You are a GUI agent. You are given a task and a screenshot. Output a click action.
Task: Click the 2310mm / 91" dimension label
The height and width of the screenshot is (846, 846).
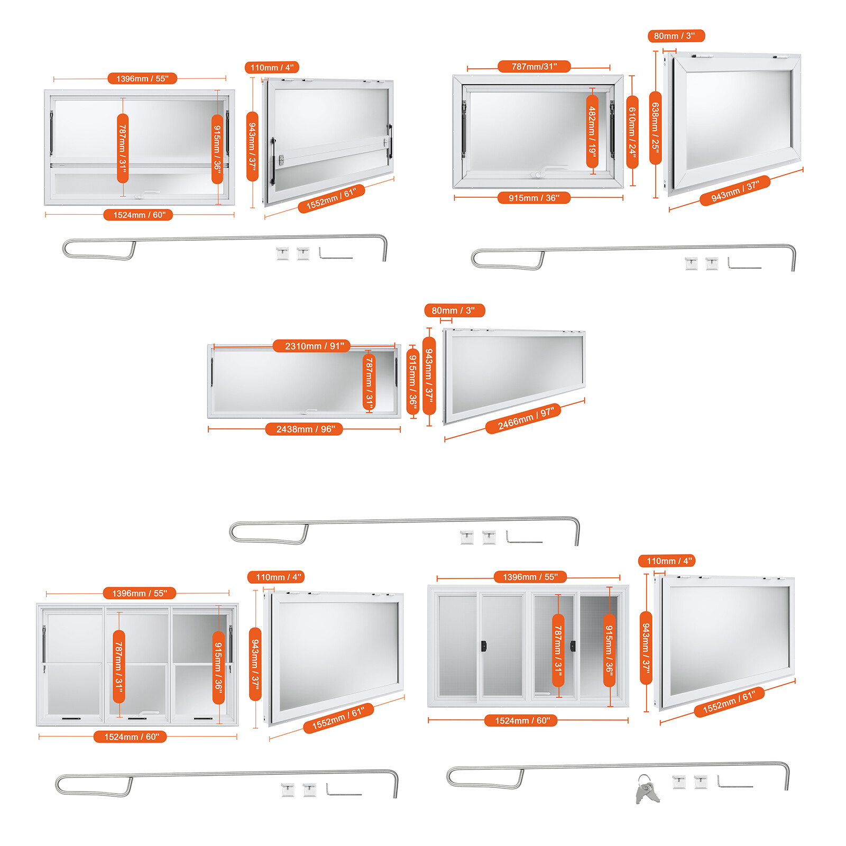point(311,346)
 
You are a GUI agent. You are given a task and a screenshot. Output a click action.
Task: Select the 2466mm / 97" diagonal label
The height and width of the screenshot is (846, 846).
point(523,418)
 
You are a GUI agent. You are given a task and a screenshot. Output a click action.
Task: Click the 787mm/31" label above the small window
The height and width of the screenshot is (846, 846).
point(534,67)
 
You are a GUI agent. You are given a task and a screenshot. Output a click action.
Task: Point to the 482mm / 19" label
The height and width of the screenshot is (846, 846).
point(592,131)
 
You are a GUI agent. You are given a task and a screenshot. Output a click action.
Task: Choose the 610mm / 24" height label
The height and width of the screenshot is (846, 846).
point(632,132)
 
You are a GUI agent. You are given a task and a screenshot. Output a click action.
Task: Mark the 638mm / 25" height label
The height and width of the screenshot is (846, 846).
point(655,127)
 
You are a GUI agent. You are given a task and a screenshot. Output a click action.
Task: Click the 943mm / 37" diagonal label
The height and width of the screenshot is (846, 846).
point(734,191)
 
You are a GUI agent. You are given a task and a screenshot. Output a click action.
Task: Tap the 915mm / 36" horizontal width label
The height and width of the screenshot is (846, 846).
point(534,198)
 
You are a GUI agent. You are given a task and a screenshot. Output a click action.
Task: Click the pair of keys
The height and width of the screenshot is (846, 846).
point(647,789)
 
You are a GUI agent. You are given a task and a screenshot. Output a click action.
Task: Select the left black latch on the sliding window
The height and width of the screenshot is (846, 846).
point(483,646)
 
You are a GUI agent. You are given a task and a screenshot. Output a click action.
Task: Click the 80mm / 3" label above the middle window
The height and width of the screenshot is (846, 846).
point(454,310)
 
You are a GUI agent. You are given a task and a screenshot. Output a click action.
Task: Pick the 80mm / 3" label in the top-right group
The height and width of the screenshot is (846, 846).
point(676,36)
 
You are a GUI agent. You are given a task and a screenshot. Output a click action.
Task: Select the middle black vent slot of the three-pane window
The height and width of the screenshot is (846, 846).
point(137,719)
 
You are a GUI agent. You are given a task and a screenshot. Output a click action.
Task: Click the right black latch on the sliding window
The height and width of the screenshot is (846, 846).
point(573,646)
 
